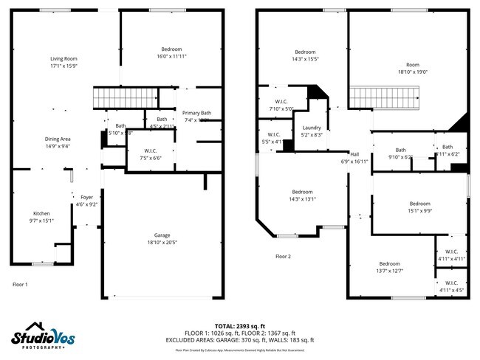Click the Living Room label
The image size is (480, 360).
pyautogui.click(x=64, y=58)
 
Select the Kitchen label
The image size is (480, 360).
pyautogui.click(x=41, y=213)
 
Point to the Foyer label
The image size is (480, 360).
pyautogui.click(x=86, y=197)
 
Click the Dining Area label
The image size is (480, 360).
pyautogui.click(x=58, y=139)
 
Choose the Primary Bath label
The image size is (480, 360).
pyautogui.click(x=196, y=112)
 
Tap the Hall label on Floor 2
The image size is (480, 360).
pyautogui.click(x=354, y=154)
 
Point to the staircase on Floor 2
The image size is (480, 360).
pyautogui.click(x=383, y=97)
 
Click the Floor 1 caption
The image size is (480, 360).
pyautogui.click(x=20, y=284)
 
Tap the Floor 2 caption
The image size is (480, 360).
pyautogui.click(x=284, y=257)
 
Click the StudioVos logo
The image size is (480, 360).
pyautogui.click(x=42, y=336)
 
